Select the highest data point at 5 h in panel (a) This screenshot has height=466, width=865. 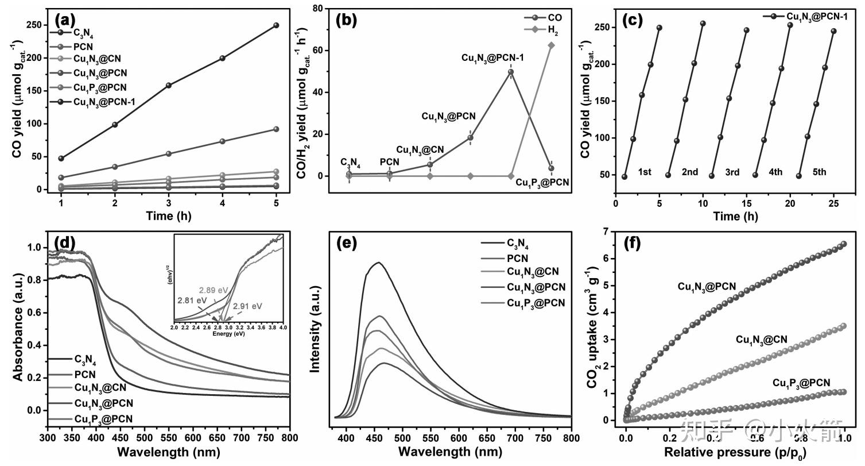[x=276, y=25]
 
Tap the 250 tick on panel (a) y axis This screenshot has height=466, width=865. [x=36, y=25]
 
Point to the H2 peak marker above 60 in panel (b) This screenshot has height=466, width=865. [x=552, y=45]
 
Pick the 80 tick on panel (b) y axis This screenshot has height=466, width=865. [x=331, y=9]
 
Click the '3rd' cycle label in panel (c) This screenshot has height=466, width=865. [x=732, y=172]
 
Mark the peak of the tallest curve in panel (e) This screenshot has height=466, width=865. [x=378, y=263]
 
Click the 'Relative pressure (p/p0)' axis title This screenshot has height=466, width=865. [x=735, y=453]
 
